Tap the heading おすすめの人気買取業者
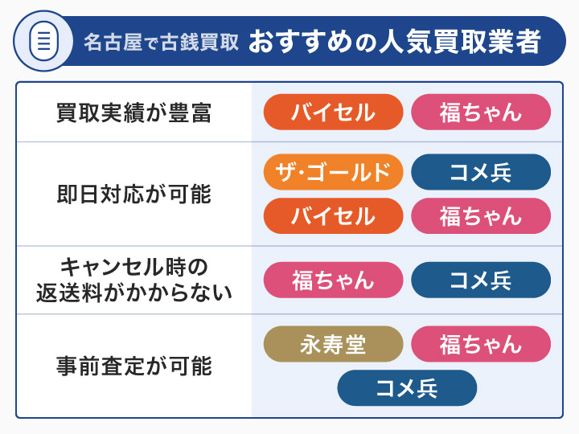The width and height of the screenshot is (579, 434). (393, 41)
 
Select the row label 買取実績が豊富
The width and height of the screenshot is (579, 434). (133, 113)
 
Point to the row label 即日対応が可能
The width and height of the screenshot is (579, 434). (133, 194)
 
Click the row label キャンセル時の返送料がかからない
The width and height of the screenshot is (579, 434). (133, 279)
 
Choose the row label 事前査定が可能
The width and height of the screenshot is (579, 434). (133, 366)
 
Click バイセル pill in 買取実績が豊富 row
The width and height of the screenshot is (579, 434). (333, 113)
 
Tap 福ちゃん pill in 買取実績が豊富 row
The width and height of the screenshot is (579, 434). (481, 113)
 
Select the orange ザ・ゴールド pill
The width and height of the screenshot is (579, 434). (333, 171)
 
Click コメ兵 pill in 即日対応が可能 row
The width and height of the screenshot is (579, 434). (481, 171)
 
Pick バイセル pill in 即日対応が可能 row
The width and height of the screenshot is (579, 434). (333, 215)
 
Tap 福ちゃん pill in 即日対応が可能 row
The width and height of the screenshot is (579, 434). (481, 215)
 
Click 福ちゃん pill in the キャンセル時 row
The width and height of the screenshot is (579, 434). (333, 280)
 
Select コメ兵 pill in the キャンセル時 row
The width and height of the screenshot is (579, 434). (481, 280)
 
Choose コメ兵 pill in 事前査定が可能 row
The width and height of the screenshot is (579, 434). (407, 388)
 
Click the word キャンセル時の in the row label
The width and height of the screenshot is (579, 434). (133, 265)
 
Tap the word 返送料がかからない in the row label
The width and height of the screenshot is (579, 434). (133, 293)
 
